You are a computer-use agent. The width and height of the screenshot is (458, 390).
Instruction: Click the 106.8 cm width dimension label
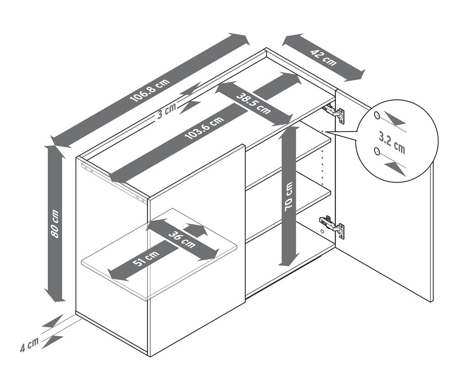click(x=150, y=90)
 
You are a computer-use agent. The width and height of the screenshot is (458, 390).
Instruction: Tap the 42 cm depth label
click(x=323, y=57)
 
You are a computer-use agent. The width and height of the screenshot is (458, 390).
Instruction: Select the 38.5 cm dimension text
click(x=253, y=103)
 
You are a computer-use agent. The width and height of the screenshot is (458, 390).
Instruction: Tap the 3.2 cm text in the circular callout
click(x=392, y=142)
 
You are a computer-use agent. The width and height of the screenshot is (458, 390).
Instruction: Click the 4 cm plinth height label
click(x=29, y=345)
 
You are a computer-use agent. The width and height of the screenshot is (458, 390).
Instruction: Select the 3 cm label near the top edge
click(x=166, y=111)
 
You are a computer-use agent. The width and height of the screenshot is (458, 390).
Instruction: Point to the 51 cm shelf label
click(x=146, y=258)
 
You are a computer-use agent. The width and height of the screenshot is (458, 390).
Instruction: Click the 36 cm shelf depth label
click(x=182, y=239)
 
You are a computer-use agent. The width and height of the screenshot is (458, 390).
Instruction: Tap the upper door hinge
click(x=333, y=112)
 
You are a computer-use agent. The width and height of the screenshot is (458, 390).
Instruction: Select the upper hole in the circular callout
click(x=377, y=115)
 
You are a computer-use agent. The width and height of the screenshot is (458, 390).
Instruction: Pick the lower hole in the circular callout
click(x=377, y=151)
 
